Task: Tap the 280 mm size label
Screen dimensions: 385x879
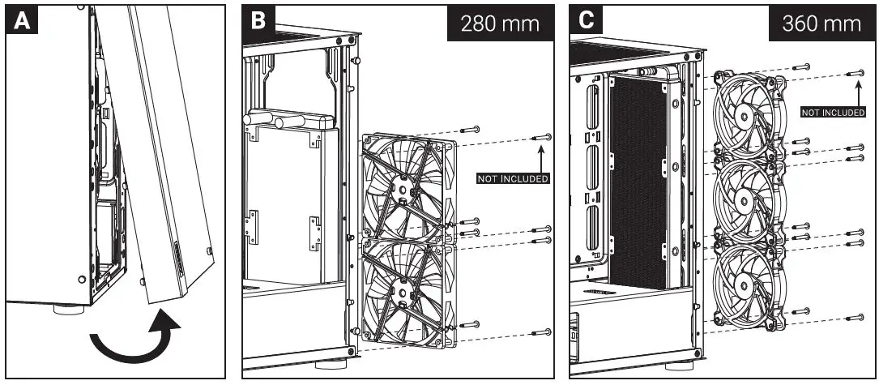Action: pyautogui.click(x=499, y=23)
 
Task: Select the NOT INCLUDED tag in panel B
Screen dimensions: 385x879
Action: pyautogui.click(x=513, y=178)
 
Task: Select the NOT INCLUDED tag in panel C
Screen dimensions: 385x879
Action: pyautogui.click(x=834, y=113)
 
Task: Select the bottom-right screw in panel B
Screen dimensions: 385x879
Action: pyautogui.click(x=541, y=332)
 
